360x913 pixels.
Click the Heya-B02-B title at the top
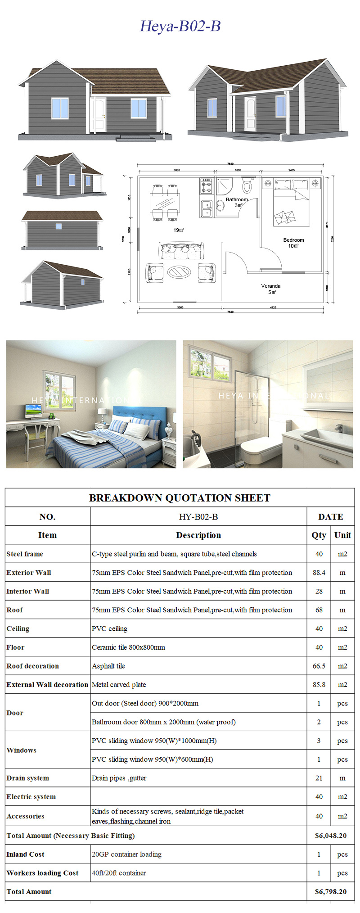click(180, 26)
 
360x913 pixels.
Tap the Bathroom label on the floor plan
click(237, 199)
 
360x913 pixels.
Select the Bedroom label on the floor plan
click(293, 240)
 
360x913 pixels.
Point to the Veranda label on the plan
click(271, 286)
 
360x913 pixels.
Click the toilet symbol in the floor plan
click(247, 185)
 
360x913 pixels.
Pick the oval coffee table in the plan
click(179, 271)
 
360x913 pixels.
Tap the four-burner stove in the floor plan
click(206, 185)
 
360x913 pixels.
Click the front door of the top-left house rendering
click(99, 115)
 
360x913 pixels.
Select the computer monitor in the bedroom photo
click(33, 410)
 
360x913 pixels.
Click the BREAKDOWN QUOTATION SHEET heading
click(180, 498)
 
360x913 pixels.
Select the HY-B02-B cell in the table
click(198, 517)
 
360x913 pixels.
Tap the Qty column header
click(319, 535)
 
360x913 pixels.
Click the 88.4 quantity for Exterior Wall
click(319, 573)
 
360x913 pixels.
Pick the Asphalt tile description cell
click(108, 666)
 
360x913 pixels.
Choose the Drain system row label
click(28, 778)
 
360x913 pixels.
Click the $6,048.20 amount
click(330, 836)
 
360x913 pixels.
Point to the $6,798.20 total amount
click(330, 891)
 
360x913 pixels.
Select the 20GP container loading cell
click(126, 854)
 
